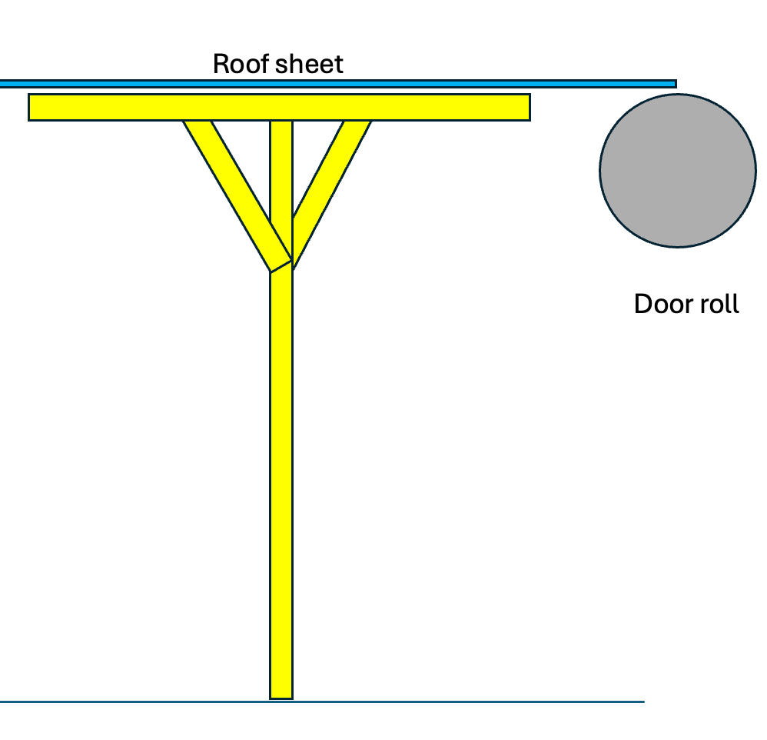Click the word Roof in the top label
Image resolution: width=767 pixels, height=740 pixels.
(237, 64)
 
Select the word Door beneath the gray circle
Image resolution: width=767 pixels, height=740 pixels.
(663, 305)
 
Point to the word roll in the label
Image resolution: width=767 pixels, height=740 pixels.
(718, 305)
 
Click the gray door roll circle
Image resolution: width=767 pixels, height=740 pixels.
(677, 170)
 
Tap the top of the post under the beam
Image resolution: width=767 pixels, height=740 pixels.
(281, 124)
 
